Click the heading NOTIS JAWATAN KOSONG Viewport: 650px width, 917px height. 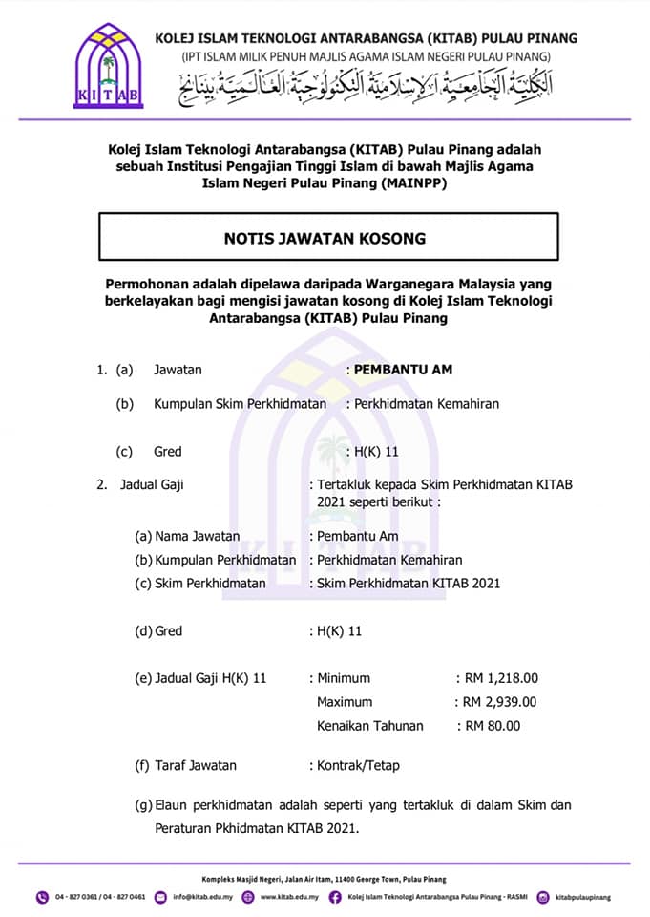325,238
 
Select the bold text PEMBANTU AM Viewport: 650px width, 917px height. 403,369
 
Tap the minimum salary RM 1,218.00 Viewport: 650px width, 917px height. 502,678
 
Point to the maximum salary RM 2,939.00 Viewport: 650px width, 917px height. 501,702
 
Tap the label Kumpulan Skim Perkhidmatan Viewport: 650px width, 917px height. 240,404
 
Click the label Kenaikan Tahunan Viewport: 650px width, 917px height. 370,726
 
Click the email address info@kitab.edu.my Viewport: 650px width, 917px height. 202,897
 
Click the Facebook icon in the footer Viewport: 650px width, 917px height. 335,897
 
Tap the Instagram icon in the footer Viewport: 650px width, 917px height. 543,897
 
